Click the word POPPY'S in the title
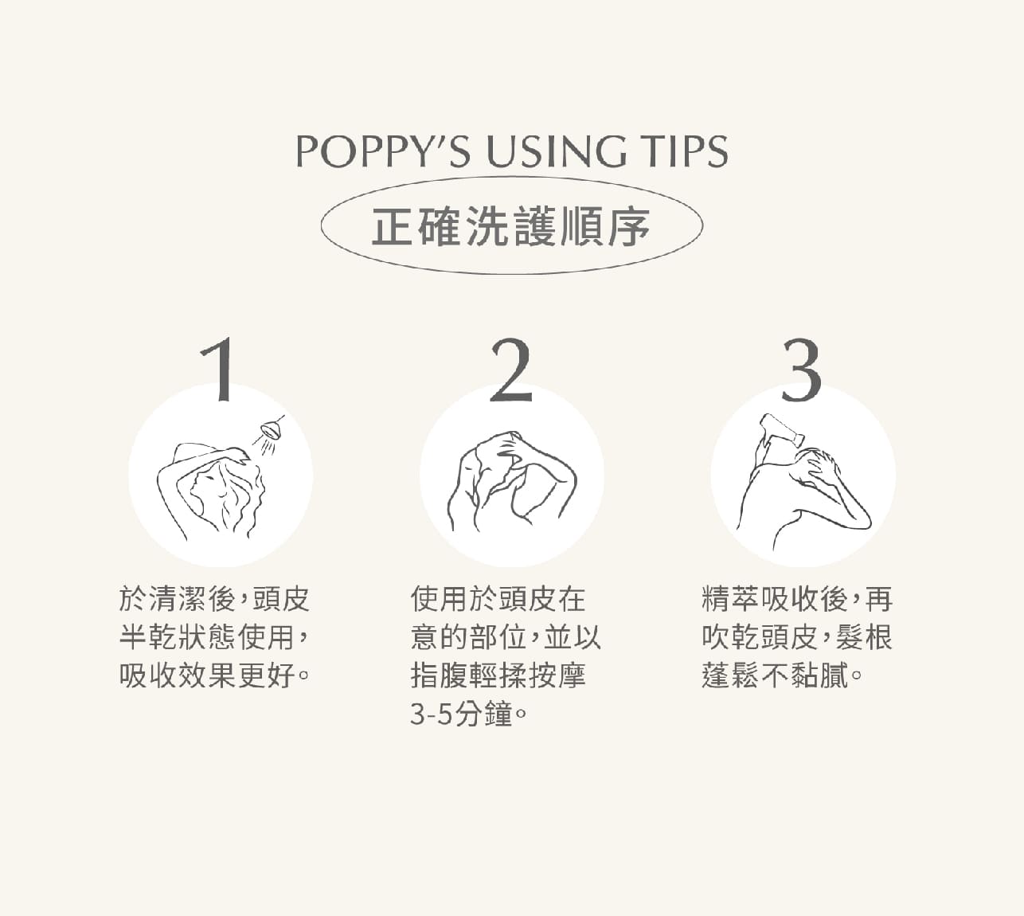point(383,151)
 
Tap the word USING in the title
point(556,151)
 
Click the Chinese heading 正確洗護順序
point(511,226)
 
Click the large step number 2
point(511,370)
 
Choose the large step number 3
point(802,370)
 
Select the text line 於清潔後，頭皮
point(214,598)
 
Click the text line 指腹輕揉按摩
point(498,675)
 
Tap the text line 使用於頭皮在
point(498,598)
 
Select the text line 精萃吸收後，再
point(798,598)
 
